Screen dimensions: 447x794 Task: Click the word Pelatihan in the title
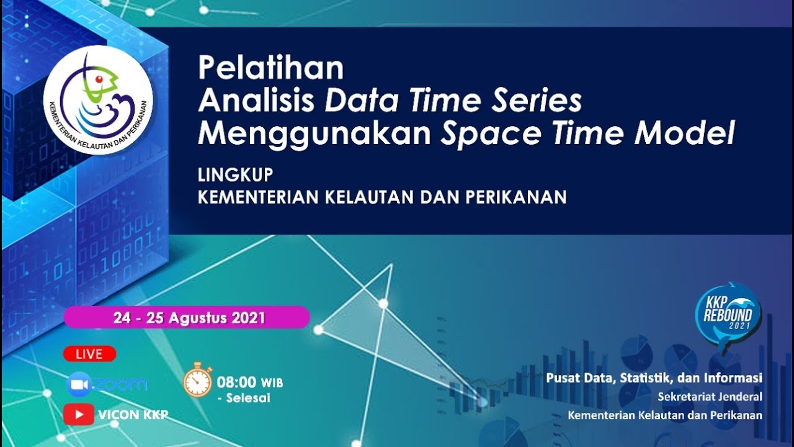[270, 68]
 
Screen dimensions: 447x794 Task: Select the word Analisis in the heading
[256, 101]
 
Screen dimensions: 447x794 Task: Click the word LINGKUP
[235, 176]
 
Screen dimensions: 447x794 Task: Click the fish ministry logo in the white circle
[97, 100]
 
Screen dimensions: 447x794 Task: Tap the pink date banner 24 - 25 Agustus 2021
[187, 318]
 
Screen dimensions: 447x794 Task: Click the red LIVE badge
[89, 354]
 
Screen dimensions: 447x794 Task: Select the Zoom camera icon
[79, 385]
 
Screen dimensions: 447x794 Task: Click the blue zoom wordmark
[120, 385]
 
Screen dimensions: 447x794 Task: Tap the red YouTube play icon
[79, 414]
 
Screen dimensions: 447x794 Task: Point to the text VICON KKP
[132, 415]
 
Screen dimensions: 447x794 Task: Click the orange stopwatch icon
[198, 380]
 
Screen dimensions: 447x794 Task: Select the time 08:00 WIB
[249, 382]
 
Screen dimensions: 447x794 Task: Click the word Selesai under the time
[248, 398]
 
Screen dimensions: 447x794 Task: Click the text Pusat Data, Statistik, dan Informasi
[654, 377]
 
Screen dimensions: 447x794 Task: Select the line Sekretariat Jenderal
[710, 397]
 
